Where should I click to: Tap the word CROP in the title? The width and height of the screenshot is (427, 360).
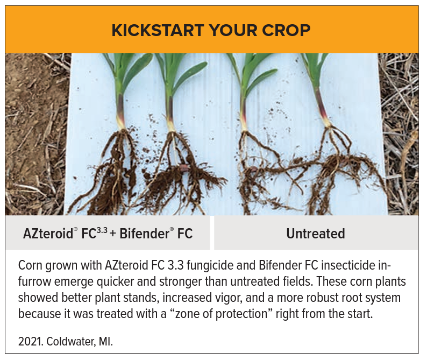(288, 30)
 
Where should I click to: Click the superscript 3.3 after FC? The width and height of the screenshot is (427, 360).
(101, 230)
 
